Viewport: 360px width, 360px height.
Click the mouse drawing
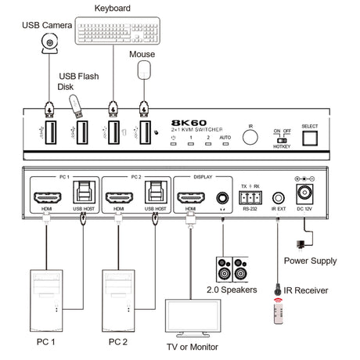[x=144, y=71]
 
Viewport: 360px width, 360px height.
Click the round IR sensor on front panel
[x=250, y=138]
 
